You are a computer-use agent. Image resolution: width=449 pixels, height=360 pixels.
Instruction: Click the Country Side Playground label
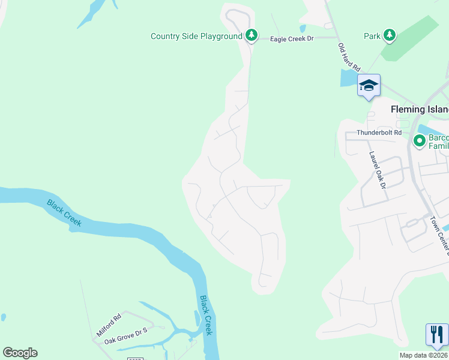point(196,37)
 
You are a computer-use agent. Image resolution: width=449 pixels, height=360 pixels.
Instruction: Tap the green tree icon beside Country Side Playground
point(252,36)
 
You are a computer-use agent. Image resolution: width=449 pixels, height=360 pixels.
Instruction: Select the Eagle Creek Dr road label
point(292,38)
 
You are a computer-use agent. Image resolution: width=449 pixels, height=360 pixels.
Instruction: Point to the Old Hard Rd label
point(349,57)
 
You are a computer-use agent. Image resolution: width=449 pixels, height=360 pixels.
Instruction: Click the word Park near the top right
point(372,36)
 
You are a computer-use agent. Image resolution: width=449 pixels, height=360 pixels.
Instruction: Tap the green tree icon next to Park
point(390,35)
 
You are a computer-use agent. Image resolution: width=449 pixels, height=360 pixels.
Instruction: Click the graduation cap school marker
point(369,85)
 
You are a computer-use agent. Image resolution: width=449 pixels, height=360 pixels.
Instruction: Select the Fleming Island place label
point(420,110)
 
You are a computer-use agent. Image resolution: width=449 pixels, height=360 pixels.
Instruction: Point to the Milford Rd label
point(109,325)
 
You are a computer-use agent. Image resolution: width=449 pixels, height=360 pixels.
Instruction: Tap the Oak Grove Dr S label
point(125,334)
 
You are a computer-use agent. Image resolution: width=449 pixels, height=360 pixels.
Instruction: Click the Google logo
point(20,353)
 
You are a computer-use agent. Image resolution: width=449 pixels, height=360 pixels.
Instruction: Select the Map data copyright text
point(424,355)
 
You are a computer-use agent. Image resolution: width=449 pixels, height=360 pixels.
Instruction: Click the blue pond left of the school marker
point(348,79)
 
